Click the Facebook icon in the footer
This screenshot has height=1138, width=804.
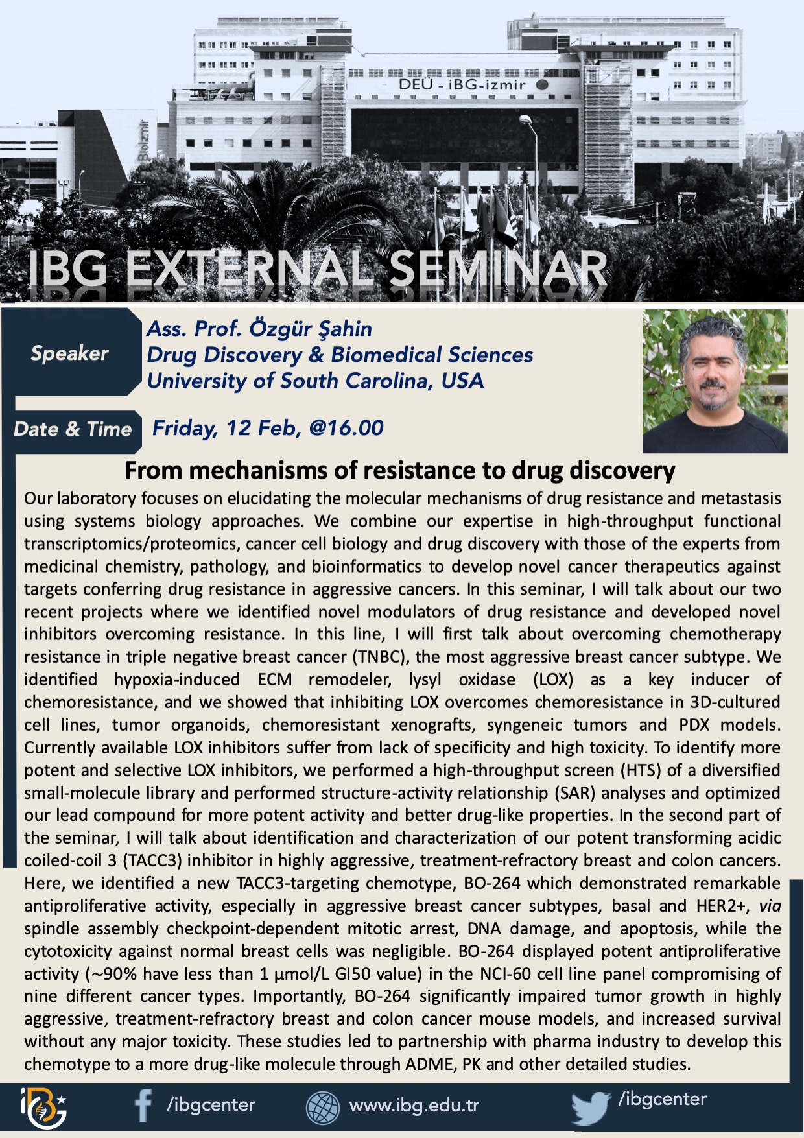coord(143,1105)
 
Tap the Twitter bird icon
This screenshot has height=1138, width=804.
coord(591,1108)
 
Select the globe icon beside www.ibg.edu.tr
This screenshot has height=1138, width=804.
coord(323,1107)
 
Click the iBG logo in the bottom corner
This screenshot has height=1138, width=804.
coord(43,1108)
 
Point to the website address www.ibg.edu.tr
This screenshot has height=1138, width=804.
coord(414,1105)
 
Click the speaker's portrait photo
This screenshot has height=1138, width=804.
coord(715,381)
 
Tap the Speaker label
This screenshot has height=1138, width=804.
coord(69,353)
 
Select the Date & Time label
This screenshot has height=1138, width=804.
coord(73,429)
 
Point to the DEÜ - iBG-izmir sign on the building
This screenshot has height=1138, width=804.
coord(462,84)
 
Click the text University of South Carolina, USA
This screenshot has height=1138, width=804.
coord(315,381)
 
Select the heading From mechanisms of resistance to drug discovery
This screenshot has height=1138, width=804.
coord(400,470)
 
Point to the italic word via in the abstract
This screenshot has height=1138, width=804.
coord(770,906)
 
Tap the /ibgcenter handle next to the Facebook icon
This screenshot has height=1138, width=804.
coord(211,1105)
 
